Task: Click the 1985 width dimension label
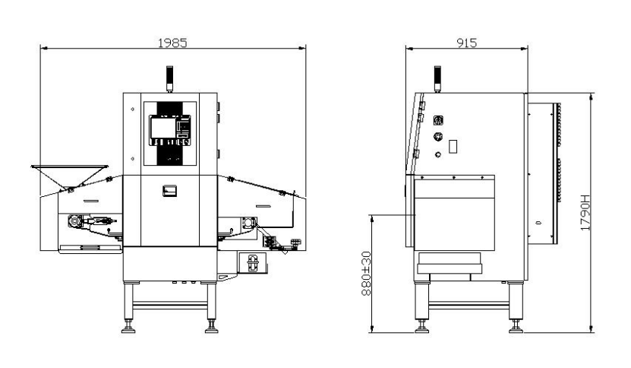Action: click(172, 43)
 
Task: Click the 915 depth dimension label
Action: click(466, 43)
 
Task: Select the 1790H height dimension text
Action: click(585, 213)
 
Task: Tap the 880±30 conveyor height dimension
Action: click(366, 274)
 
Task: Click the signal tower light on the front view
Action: click(169, 78)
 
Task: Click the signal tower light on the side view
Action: click(437, 78)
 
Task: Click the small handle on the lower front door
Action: click(169, 191)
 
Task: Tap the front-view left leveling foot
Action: click(128, 327)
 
